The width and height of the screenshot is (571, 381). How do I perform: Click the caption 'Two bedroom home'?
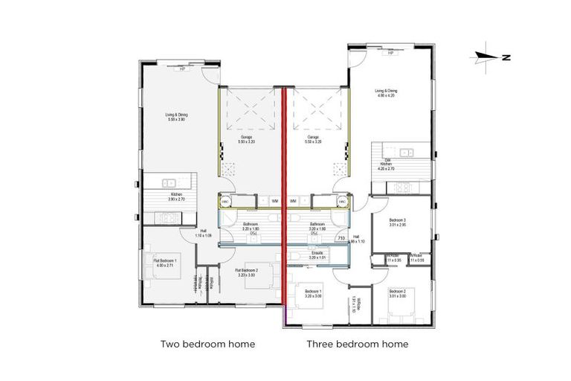[208, 345]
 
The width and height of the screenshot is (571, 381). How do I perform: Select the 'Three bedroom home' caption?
[358, 345]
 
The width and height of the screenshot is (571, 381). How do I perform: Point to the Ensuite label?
[317, 255]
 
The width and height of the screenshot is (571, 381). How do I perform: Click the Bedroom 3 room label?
[399, 221]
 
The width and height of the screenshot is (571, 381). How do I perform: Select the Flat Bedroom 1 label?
[164, 262]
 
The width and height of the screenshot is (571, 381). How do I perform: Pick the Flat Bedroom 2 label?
[246, 272]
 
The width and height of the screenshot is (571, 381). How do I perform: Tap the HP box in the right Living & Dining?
[390, 53]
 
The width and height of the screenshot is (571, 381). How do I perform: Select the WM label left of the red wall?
[274, 201]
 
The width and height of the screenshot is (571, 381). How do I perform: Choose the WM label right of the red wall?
[294, 201]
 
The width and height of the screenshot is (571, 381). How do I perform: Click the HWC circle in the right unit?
[343, 201]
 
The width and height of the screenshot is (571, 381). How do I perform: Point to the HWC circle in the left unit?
[225, 201]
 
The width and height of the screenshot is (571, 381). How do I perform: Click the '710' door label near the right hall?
[341, 238]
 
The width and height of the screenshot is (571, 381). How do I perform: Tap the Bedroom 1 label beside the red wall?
[313, 293]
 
